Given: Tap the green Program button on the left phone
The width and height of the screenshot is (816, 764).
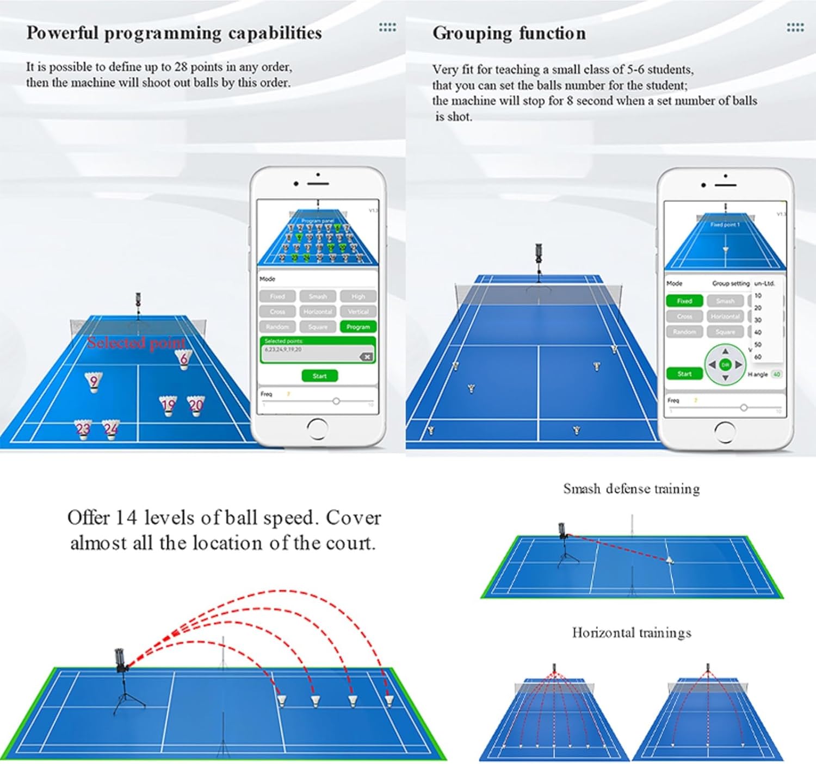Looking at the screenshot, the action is pyautogui.click(x=357, y=327).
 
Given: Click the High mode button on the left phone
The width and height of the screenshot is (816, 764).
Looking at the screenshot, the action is pyautogui.click(x=358, y=296).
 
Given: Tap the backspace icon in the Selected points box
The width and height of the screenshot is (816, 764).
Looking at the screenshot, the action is pyautogui.click(x=366, y=357).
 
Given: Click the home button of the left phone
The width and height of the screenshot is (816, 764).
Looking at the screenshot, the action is pyautogui.click(x=317, y=428).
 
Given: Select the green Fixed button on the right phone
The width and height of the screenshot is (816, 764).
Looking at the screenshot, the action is pyautogui.click(x=684, y=301).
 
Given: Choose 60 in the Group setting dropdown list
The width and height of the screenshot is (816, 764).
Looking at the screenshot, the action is pyautogui.click(x=758, y=357).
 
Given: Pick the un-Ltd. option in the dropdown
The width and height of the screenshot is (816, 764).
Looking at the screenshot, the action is pyautogui.click(x=764, y=283).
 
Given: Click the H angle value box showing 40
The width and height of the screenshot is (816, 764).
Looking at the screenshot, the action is pyautogui.click(x=776, y=374).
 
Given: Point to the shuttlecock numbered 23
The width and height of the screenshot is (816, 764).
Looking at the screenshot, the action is pyautogui.click(x=83, y=430).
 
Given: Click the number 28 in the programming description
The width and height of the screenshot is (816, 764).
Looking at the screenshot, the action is pyautogui.click(x=181, y=67).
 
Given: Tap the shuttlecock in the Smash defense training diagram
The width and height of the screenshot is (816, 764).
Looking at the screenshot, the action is pyautogui.click(x=670, y=560).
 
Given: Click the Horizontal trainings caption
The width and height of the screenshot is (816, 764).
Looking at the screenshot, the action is pyautogui.click(x=631, y=632).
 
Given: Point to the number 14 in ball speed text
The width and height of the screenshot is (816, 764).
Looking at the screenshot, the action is pyautogui.click(x=126, y=518).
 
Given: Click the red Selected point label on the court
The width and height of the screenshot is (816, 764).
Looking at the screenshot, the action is pyautogui.click(x=136, y=343).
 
